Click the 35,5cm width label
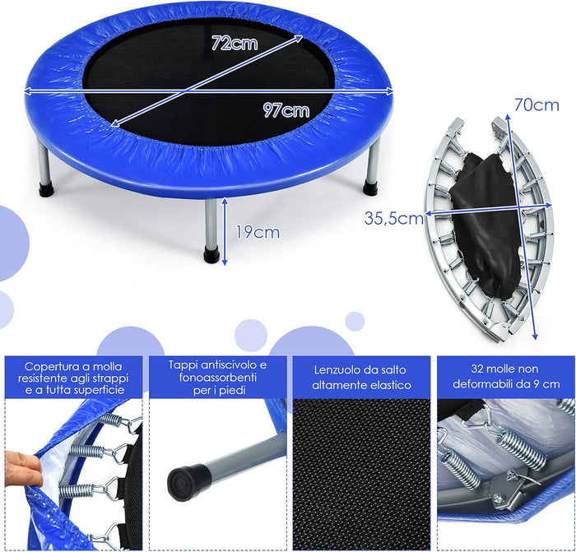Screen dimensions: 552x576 pyautogui.click(x=394, y=218)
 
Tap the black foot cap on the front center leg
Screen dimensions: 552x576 pyautogui.click(x=212, y=255)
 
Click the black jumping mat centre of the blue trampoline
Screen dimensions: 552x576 pyautogui.click(x=206, y=90)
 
